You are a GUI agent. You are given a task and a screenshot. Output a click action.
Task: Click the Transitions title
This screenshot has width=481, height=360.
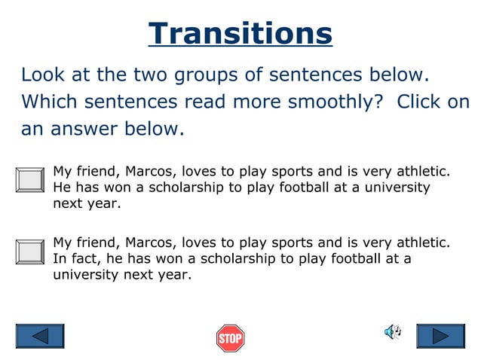coord(240,33)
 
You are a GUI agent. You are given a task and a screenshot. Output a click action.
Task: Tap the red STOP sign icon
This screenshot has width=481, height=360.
coord(230,338)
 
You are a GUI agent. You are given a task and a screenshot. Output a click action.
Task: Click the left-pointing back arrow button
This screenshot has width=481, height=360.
coord(40,336)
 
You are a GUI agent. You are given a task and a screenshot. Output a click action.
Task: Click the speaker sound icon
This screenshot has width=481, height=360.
coord(393,332)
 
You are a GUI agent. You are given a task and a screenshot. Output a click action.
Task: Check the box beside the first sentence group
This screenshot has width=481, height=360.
coord(30,180)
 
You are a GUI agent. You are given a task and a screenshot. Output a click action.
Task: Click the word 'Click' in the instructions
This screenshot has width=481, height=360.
coord(418,102)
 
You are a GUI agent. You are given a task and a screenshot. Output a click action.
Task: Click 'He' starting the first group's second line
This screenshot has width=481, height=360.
coord(61,187)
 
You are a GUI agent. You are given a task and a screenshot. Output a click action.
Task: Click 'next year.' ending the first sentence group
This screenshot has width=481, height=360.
coord(87,203)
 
